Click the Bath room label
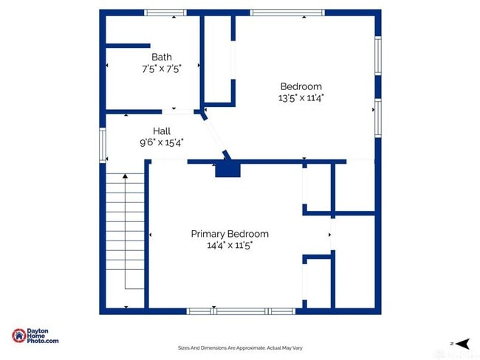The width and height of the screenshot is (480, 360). pos(162,57)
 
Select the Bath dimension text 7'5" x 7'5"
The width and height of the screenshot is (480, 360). pos(162,68)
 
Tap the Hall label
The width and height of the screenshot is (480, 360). pos(162,131)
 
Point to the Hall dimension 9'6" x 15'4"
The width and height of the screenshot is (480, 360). pos(162,142)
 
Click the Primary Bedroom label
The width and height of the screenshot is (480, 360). pos(230,234)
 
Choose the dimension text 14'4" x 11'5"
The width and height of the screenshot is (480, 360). pos(230,245)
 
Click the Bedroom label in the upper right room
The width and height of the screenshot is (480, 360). pos(301,86)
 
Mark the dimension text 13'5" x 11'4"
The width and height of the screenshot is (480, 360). pos(301,97)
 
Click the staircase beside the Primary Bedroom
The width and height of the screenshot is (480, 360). pos(125,232)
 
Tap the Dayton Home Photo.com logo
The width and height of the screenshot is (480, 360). pos(35,336)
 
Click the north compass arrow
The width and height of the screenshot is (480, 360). pos(462,343)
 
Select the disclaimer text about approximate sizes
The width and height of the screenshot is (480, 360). pos(240,347)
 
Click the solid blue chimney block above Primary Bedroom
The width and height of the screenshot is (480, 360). pos(227,170)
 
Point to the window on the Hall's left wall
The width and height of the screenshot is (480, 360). pos(103,144)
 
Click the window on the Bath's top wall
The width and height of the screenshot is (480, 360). pos(165,13)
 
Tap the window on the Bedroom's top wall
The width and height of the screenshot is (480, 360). pos(287,13)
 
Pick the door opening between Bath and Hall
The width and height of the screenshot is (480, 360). pos(178,112)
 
